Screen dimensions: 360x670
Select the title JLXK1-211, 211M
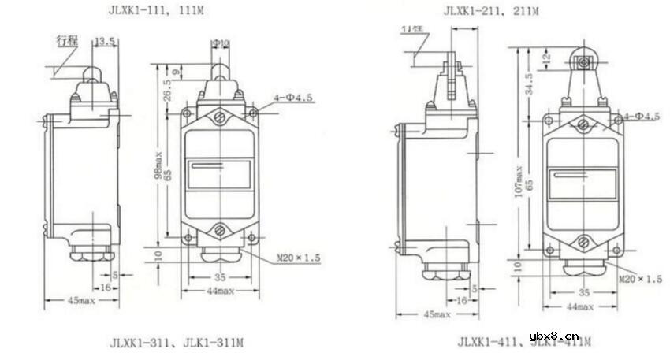pyautogui.click(x=491, y=11)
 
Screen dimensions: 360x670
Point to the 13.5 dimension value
pyautogui.click(x=105, y=40)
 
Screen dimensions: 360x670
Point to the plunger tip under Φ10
pyautogui.click(x=220, y=73)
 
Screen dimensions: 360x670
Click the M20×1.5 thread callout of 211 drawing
pyautogui.click(x=639, y=279)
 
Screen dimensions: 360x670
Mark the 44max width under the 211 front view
pyautogui.click(x=580, y=304)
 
